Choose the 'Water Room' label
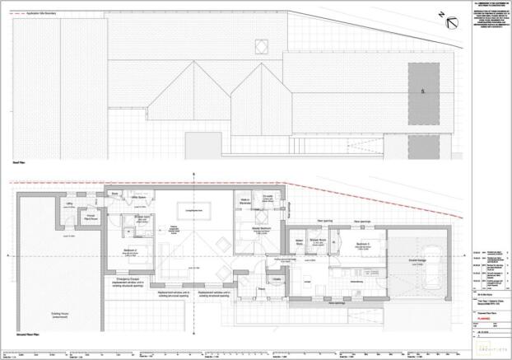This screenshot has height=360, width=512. pyautogui.click(x=300, y=242)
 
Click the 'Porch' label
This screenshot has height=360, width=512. pyautogui.click(x=261, y=289)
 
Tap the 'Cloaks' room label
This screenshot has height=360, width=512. pyautogui.click(x=277, y=279)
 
